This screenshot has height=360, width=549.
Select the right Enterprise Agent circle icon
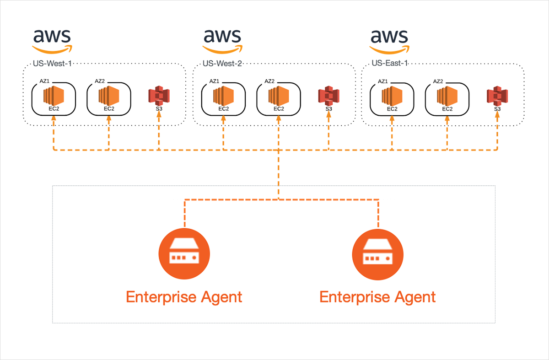[x=378, y=254]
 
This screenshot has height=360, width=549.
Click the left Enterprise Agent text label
[x=184, y=297]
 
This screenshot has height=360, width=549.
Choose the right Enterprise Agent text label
[x=378, y=297]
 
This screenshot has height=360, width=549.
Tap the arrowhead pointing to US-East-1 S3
[x=497, y=115]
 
